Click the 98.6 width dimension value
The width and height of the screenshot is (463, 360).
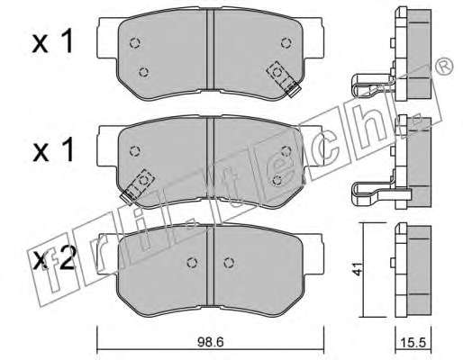[x=211, y=342]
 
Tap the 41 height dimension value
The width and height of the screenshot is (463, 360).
[x=358, y=269]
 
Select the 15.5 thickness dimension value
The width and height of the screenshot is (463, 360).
[x=413, y=343]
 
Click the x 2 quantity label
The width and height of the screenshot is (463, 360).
[x=54, y=259]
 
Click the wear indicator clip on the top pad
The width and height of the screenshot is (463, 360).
[x=284, y=79]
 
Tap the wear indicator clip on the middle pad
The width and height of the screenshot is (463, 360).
[x=137, y=186]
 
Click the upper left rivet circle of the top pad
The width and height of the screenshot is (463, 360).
[x=135, y=43]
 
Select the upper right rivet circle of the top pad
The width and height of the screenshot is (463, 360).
[x=286, y=43]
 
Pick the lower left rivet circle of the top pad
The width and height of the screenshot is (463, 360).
[x=144, y=72]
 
